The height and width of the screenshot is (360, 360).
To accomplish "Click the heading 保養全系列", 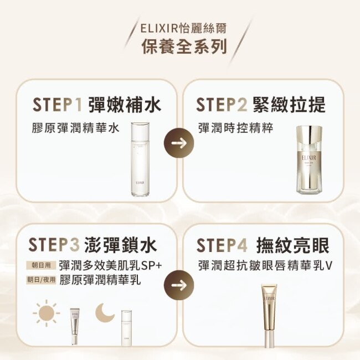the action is (x=184, y=47).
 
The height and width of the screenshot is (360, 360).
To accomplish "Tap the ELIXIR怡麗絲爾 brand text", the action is (x=183, y=29).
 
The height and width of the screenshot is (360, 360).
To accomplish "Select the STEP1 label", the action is (x=57, y=105).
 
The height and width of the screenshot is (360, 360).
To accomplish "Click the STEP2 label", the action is (x=222, y=105).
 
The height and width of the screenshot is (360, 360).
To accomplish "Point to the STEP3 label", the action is (x=54, y=245).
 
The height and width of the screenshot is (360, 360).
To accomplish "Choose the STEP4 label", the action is (x=222, y=245).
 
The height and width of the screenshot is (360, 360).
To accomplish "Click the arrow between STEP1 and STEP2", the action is (x=179, y=143).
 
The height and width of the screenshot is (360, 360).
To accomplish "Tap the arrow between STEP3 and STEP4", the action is (x=179, y=285).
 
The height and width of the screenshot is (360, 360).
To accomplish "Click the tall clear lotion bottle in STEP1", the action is (x=140, y=159).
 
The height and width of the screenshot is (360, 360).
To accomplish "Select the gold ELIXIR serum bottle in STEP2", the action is (x=309, y=160).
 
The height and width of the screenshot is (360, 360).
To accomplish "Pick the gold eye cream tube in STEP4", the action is (x=269, y=320).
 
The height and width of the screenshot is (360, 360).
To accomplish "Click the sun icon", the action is (x=47, y=313).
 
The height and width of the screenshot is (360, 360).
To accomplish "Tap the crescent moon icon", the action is (x=105, y=312).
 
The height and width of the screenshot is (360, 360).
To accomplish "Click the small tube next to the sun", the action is (x=75, y=326).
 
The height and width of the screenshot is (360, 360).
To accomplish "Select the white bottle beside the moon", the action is (x=126, y=328).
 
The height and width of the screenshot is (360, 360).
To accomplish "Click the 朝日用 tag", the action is (x=41, y=266).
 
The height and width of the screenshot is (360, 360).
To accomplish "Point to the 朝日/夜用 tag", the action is (x=41, y=280).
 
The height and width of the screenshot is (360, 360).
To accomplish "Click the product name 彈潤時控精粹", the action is (x=236, y=128).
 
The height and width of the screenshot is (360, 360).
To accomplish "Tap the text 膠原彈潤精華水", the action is (x=76, y=128).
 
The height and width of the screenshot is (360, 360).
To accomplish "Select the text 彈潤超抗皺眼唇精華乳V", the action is (x=265, y=266).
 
